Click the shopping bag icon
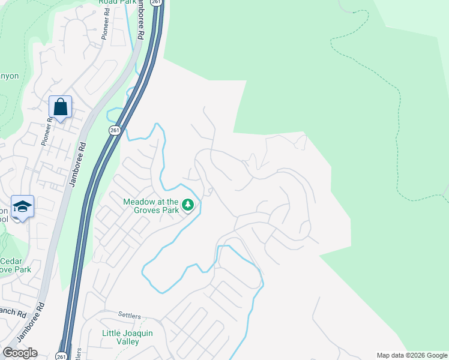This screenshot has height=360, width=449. click(x=60, y=107)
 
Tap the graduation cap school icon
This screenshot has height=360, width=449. click(x=22, y=207)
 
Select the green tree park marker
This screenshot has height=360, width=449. click(x=188, y=205)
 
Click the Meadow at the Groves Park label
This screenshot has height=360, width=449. click(x=151, y=206)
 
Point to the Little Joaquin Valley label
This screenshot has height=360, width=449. click(x=120, y=337)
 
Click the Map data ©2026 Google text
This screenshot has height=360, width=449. click(x=412, y=355)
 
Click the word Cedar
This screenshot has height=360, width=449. click(x=11, y=261)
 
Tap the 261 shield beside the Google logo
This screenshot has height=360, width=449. click(x=61, y=356)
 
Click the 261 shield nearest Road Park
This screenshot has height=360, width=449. click(x=157, y=2)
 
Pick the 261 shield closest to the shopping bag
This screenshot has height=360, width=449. click(x=115, y=130)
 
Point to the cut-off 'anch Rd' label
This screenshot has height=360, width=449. click(x=13, y=313)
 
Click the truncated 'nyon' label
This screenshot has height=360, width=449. click(x=10, y=76)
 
